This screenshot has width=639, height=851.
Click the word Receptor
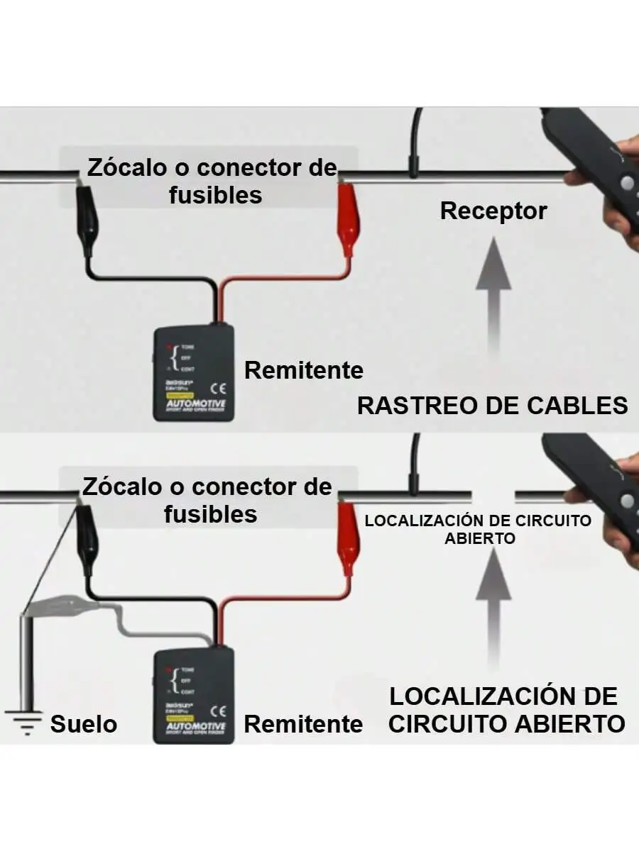(493, 211)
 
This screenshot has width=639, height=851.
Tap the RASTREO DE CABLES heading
(492, 406)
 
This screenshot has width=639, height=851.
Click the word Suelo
(84, 725)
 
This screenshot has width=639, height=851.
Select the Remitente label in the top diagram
(303, 370)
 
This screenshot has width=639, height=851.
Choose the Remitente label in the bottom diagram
(303, 724)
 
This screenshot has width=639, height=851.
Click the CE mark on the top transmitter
(218, 388)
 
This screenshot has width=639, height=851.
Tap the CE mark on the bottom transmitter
(218, 710)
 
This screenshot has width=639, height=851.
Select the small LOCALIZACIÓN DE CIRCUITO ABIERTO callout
(478, 529)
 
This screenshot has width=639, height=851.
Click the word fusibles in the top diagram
(215, 194)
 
